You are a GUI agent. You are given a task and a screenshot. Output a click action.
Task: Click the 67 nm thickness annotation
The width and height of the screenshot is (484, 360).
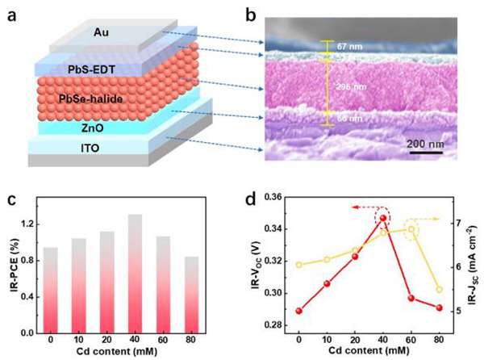click(x=350, y=47)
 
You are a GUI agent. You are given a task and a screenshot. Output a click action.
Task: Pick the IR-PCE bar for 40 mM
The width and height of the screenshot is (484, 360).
click(x=136, y=274)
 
